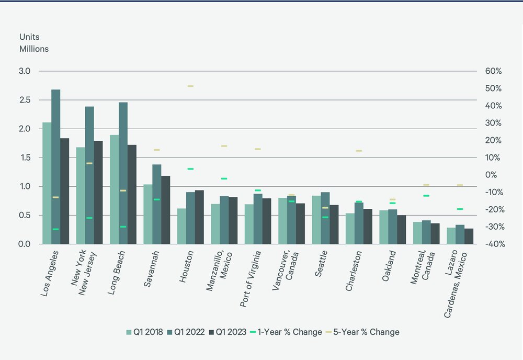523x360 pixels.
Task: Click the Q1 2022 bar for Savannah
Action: click(156, 204)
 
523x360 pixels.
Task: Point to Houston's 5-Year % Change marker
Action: click(190, 86)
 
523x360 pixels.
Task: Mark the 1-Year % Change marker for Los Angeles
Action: click(55, 229)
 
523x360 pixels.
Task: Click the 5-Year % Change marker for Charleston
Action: click(359, 151)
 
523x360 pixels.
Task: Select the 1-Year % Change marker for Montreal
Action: click(426, 196)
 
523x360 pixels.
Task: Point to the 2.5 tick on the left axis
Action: click(26, 100)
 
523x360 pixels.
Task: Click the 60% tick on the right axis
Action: click(493, 71)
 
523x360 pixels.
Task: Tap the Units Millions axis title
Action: click(34, 43)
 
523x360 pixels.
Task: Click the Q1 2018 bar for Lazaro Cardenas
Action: click(451, 236)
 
